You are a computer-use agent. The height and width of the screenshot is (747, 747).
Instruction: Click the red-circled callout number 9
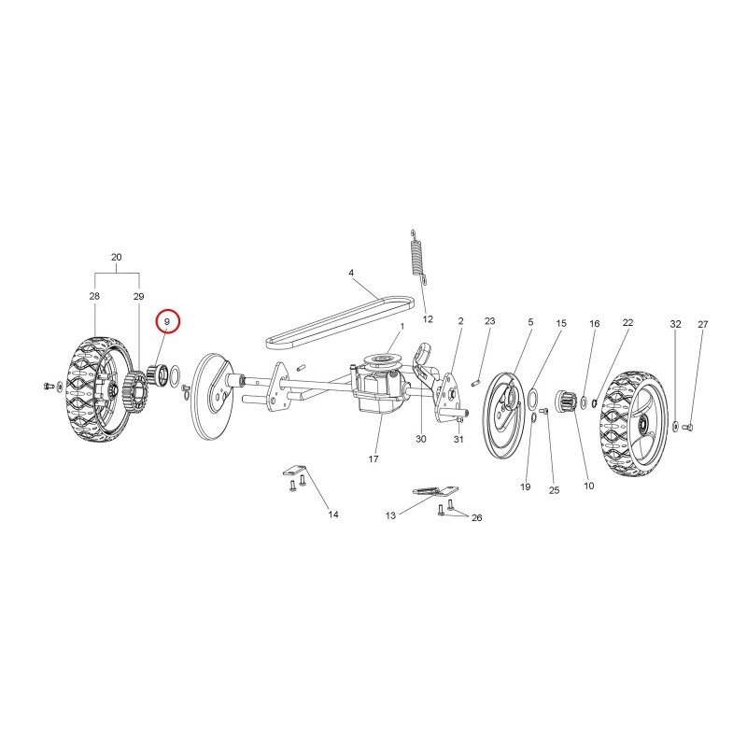[167, 322]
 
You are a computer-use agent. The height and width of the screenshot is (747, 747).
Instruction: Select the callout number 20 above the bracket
[116, 258]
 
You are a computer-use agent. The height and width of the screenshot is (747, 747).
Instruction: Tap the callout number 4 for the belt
[351, 273]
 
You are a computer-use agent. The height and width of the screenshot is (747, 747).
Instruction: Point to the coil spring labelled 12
[417, 256]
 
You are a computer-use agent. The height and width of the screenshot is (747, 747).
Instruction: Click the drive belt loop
[340, 323]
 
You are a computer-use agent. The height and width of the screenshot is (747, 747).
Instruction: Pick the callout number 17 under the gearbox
[373, 458]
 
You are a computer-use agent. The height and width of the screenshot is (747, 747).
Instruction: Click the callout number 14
[333, 514]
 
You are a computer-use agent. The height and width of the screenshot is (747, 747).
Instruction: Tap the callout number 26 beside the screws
[476, 518]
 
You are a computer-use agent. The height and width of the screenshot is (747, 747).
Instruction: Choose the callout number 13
[390, 515]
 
